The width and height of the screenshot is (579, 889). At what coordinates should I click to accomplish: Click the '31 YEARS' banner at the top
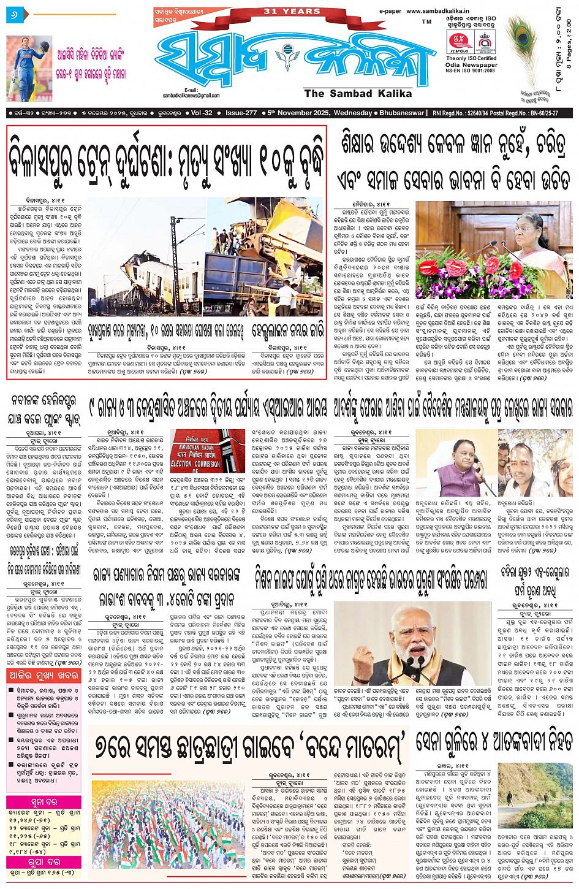click(x=292, y=11)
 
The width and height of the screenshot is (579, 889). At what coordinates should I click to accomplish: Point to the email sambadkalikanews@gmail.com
click(x=191, y=96)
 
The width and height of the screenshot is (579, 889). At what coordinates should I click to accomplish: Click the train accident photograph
click(x=205, y=256)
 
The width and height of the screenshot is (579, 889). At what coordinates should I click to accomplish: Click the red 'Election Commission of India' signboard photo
click(x=207, y=451)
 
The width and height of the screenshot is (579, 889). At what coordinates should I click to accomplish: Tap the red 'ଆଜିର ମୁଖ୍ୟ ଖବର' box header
click(x=44, y=675)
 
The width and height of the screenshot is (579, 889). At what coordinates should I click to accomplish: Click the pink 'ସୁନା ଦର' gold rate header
click(x=44, y=802)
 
